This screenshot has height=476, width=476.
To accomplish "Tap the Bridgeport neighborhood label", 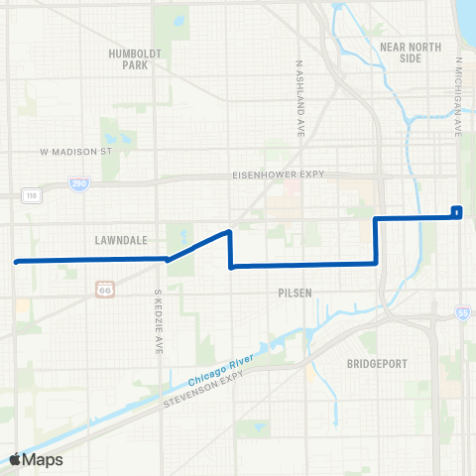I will click(x=377, y=364).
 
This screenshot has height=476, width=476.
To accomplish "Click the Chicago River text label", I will click(x=222, y=370).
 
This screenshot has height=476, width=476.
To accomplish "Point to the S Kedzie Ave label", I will click(x=158, y=322).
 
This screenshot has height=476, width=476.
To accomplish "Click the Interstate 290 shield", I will click(x=77, y=183).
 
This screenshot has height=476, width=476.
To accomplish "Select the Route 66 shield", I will click(x=105, y=289).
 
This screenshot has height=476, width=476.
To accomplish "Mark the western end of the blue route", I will click(x=16, y=262).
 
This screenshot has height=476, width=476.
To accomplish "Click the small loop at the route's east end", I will click(x=456, y=210).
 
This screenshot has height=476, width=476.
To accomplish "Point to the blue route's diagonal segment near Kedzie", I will click(x=198, y=246).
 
